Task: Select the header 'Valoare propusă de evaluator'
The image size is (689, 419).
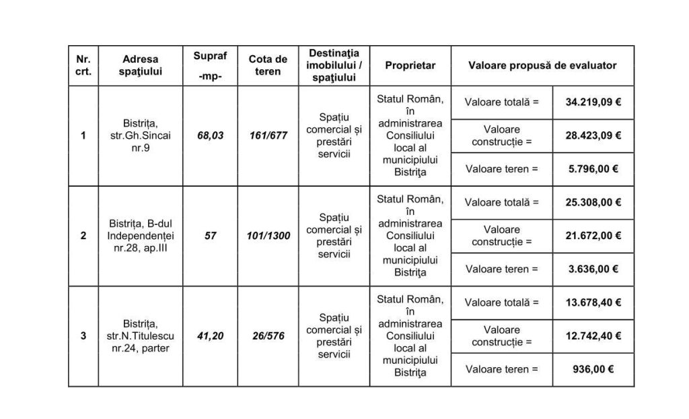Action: pyautogui.click(x=542, y=65)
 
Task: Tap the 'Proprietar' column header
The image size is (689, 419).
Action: pyautogui.click(x=410, y=65)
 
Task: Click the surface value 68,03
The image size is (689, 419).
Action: pyautogui.click(x=210, y=135)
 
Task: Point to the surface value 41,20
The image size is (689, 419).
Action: pyautogui.click(x=210, y=336)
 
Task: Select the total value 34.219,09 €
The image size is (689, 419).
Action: pyautogui.click(x=593, y=102)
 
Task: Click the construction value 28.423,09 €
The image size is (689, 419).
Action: pyautogui.click(x=593, y=135)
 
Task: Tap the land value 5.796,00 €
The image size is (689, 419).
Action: pyautogui.click(x=593, y=168)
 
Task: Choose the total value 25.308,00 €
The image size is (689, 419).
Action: pyautogui.click(x=593, y=202)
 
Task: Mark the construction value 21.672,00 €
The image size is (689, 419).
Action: pyautogui.click(x=593, y=236)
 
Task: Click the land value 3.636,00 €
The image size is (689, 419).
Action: pyautogui.click(x=593, y=269)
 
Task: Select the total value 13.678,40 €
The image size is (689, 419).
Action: pyautogui.click(x=593, y=302)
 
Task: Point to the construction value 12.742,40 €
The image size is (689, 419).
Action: pyautogui.click(x=593, y=335)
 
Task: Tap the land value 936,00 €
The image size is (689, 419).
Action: pyautogui.click(x=593, y=369)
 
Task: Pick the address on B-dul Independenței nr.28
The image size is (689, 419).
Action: pyautogui.click(x=141, y=236)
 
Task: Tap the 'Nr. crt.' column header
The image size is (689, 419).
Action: pyautogui.click(x=83, y=65)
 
